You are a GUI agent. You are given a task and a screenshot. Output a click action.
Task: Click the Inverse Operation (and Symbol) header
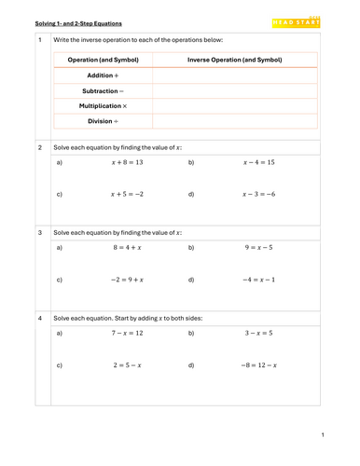click(235, 60)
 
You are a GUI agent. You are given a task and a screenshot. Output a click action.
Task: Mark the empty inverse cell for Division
click(235, 121)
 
